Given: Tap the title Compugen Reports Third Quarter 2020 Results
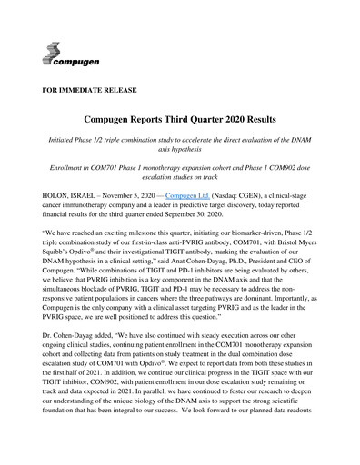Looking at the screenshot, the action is click(x=180, y=120).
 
